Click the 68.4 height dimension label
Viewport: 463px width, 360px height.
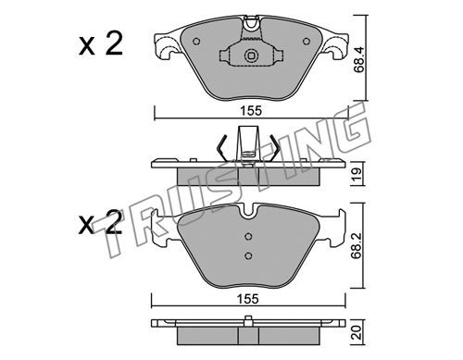[x=358, y=60]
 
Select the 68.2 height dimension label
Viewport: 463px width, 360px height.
[x=357, y=245]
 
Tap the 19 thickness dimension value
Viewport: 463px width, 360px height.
[x=357, y=175]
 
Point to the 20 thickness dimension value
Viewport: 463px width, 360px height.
[x=357, y=332]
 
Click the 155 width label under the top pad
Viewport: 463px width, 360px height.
[x=252, y=111]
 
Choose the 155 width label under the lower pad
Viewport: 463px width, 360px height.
[x=248, y=299]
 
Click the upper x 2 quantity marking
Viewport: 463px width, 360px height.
[x=101, y=44]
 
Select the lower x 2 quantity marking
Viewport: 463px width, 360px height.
[x=101, y=222]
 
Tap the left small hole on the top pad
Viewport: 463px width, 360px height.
[x=196, y=42]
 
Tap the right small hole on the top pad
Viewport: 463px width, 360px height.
[x=307, y=41]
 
